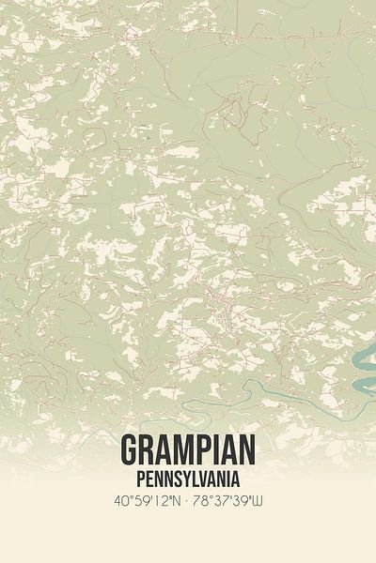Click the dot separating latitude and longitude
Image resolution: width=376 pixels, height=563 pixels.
coord(188,499)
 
